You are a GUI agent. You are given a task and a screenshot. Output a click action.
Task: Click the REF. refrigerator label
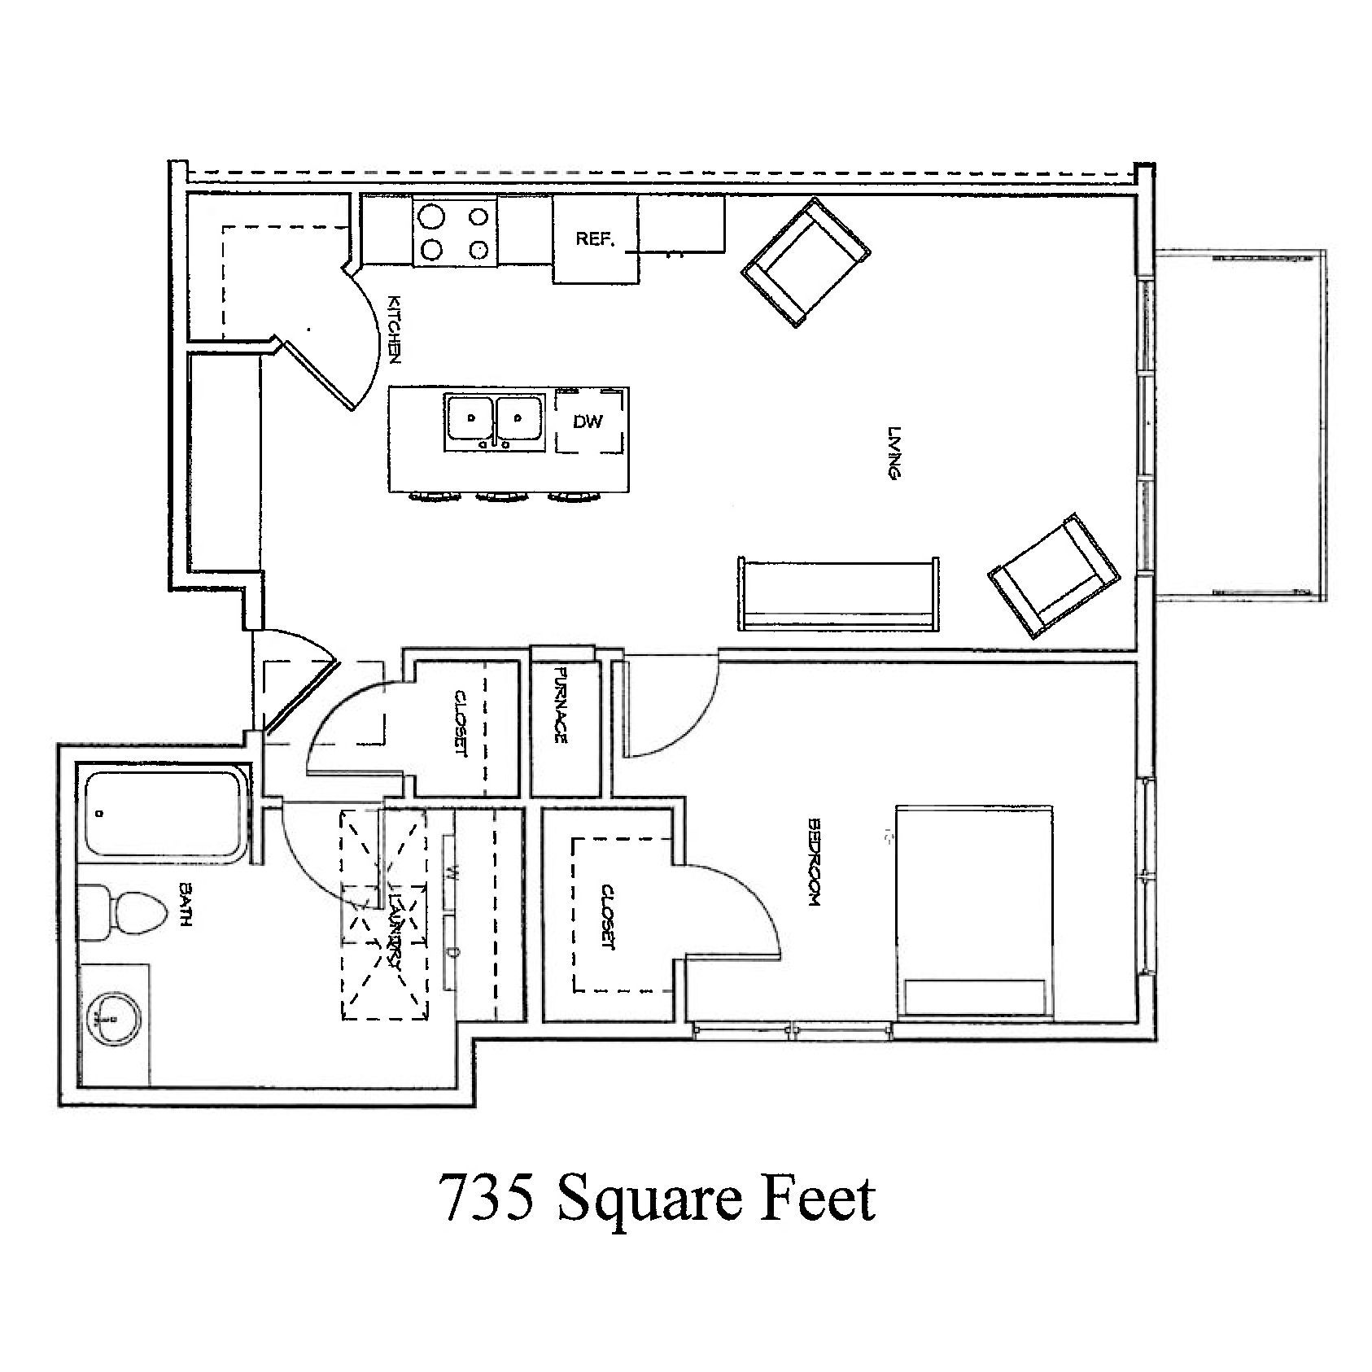pyautogui.click(x=594, y=239)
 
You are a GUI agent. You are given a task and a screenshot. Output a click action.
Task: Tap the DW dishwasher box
pyautogui.click(x=588, y=421)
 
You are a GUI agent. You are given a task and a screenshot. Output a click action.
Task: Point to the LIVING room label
pyautogui.click(x=894, y=453)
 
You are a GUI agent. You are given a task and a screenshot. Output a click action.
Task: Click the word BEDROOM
pyautogui.click(x=812, y=862)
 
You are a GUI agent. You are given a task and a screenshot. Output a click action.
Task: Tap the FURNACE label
pyautogui.click(x=560, y=704)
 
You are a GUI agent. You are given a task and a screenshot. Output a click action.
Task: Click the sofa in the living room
pyautogui.click(x=838, y=594)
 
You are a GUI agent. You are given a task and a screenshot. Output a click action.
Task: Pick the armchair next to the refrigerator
pyautogui.click(x=805, y=263)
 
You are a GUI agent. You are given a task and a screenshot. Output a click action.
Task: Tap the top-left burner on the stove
pyautogui.click(x=431, y=217)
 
